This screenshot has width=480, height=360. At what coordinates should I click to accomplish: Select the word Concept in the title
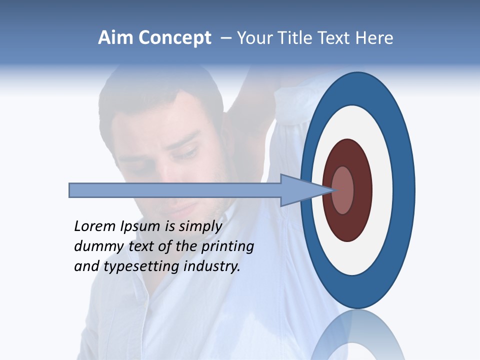[175, 38]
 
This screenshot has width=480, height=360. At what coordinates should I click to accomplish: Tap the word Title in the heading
[310, 38]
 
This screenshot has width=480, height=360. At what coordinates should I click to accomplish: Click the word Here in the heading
[374, 38]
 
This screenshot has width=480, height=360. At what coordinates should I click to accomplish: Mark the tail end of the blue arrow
[70, 190]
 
